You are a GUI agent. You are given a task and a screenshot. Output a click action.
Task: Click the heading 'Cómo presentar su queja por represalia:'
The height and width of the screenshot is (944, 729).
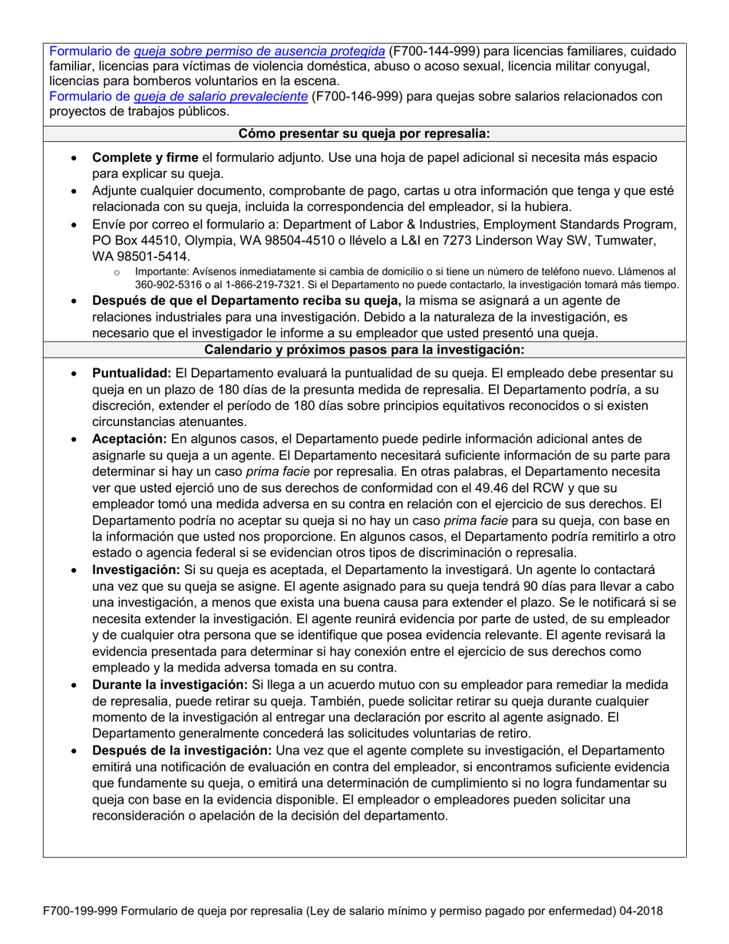364,134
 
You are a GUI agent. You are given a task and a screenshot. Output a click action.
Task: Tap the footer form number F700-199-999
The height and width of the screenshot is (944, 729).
83,912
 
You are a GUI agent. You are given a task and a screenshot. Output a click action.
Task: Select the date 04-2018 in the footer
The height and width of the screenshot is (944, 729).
639,912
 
